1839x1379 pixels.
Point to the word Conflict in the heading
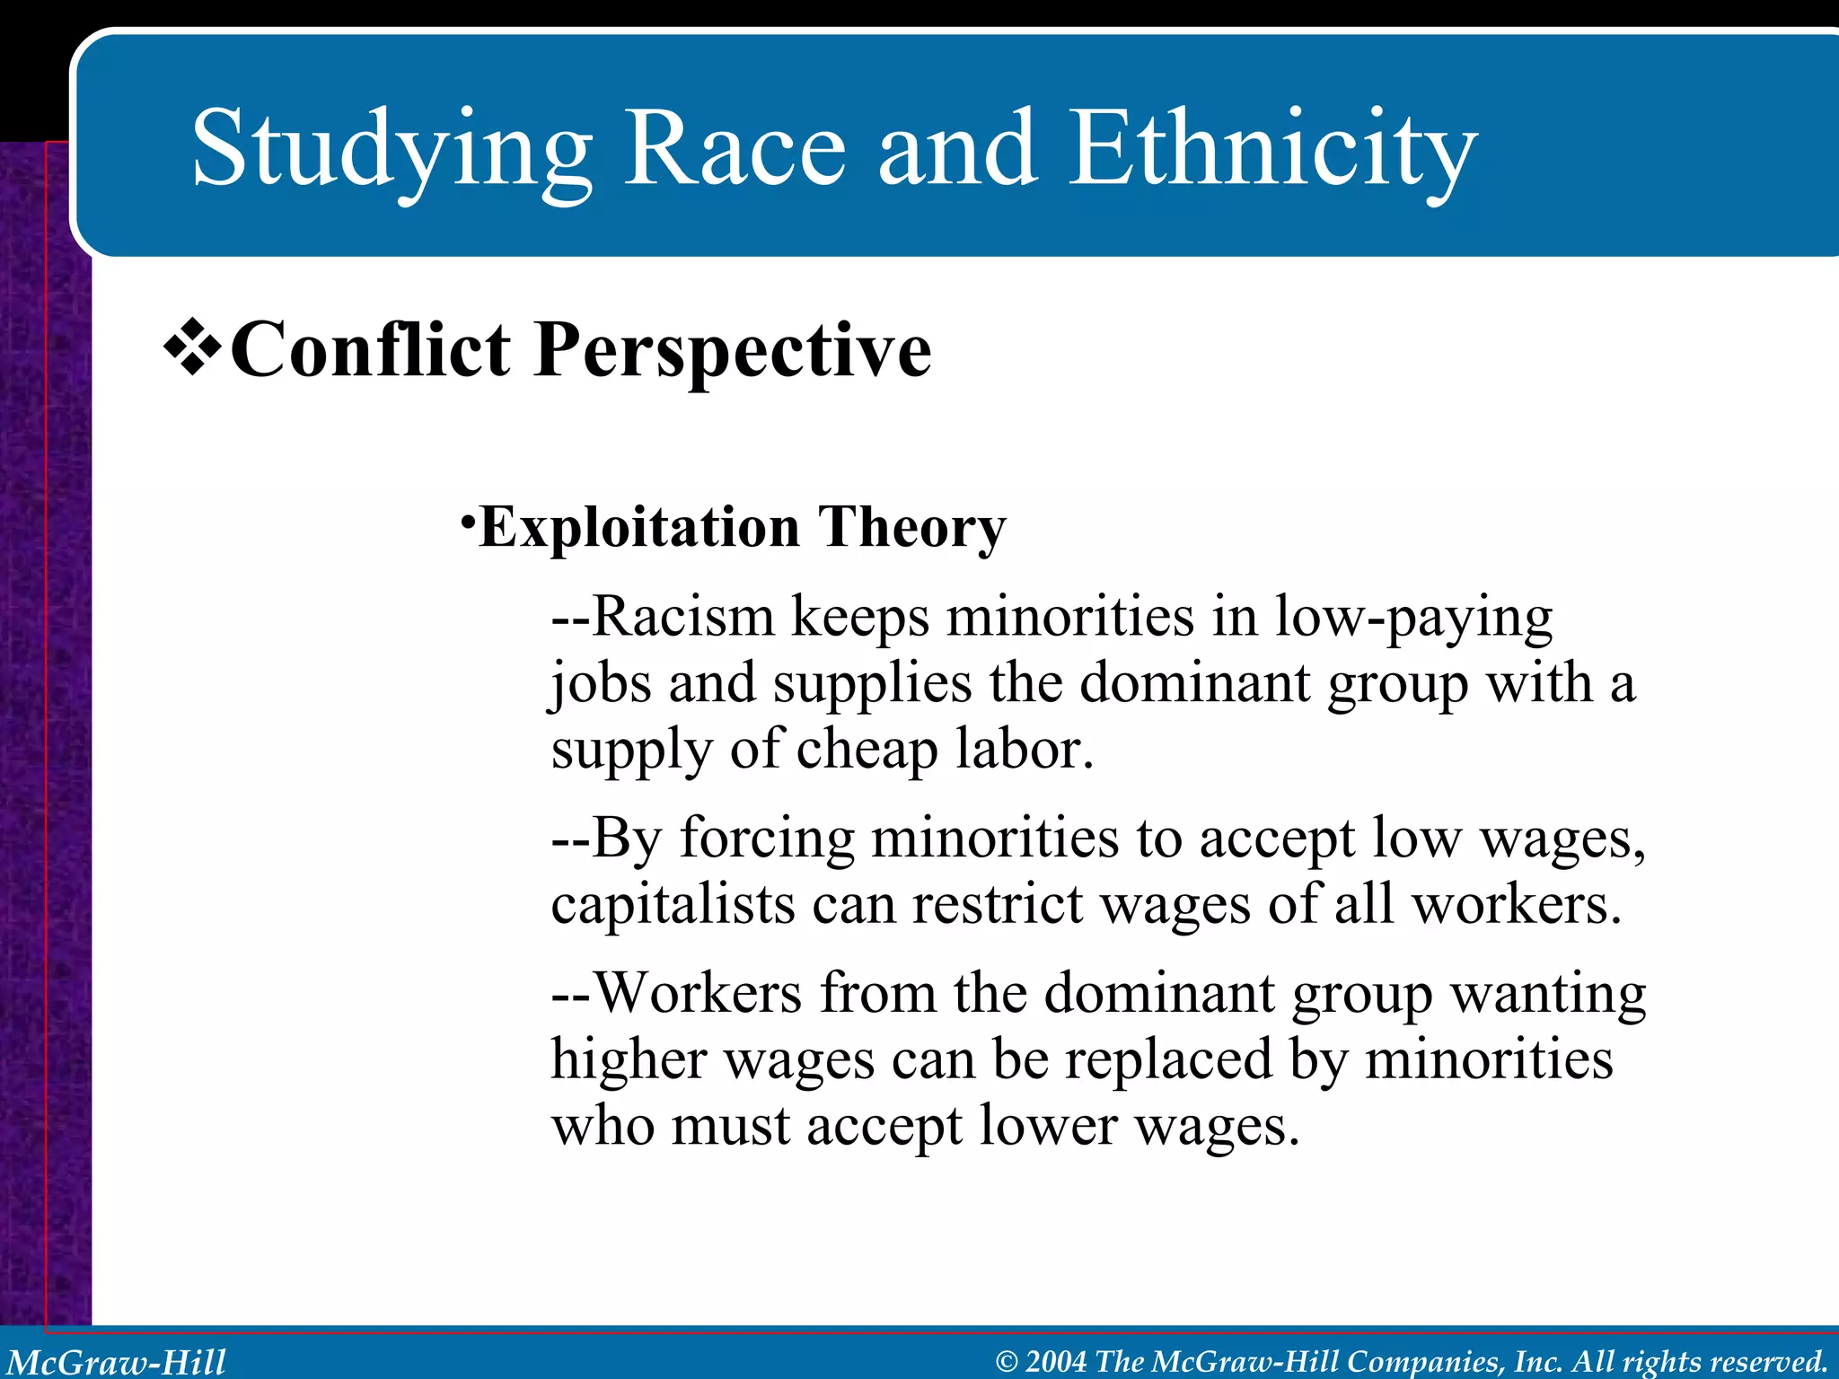[x=370, y=350]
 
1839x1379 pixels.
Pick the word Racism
[x=683, y=618]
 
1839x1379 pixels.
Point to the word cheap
[x=867, y=751]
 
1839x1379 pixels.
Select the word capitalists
[x=673, y=905]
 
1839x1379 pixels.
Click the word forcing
[x=767, y=840]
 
